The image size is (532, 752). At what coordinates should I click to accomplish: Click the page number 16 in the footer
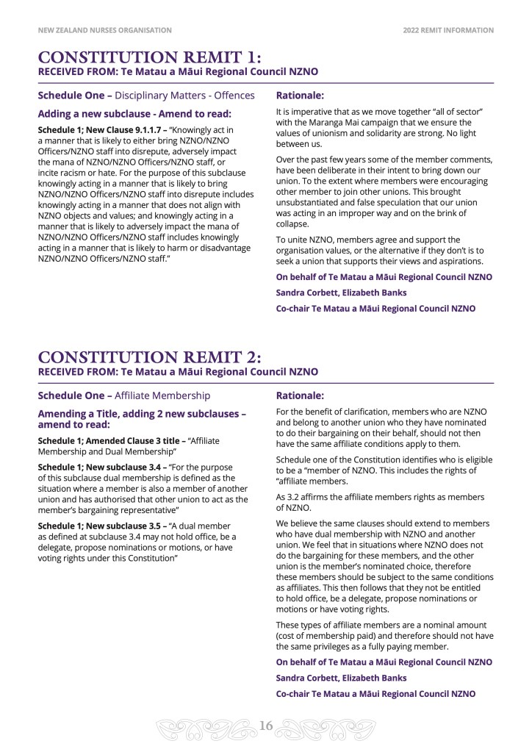[266, 726]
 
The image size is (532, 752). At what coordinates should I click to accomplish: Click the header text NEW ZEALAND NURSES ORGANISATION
[104, 30]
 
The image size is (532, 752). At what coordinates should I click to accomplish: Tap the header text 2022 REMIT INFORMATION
[448, 30]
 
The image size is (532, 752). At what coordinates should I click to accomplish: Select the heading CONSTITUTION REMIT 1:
[149, 58]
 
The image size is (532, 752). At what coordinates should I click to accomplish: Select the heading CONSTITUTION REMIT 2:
[149, 358]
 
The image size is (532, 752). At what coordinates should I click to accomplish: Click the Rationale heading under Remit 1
[300, 95]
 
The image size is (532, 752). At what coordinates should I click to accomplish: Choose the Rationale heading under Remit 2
[300, 395]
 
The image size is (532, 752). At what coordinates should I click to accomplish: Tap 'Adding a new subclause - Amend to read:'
[134, 113]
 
